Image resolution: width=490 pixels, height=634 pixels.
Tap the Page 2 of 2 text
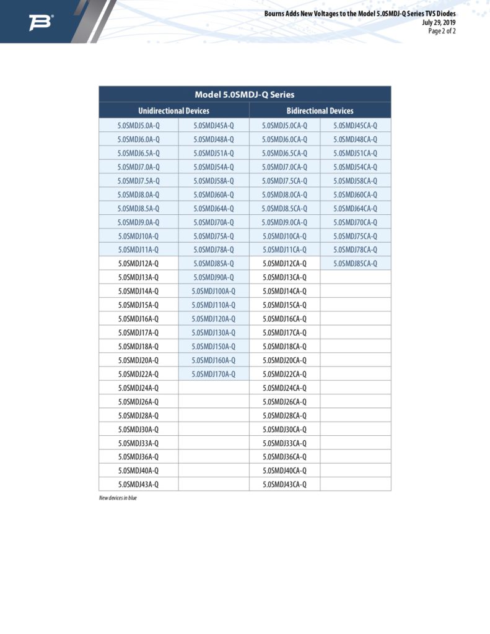[442, 31]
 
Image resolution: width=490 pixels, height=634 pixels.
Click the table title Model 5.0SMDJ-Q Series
[245, 95]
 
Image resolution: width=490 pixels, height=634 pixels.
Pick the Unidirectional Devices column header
[173, 111]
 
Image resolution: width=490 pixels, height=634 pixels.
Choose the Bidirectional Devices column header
[320, 111]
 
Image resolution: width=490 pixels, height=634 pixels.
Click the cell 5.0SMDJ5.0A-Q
[138, 125]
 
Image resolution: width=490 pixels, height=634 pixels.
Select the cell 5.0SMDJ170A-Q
[213, 374]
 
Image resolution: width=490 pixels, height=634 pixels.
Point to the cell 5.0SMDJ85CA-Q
[355, 264]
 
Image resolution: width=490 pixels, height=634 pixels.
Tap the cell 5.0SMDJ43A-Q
[138, 484]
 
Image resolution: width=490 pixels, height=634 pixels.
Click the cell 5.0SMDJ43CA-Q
[284, 484]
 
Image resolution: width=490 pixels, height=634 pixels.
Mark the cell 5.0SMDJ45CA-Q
[355, 125]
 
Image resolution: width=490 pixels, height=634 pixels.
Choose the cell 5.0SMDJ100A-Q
[213, 291]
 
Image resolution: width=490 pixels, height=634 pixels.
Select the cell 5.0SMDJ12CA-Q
[284, 264]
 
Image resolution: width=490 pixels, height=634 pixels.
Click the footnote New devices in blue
[118, 498]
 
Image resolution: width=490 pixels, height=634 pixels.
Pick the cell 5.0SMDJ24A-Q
[138, 388]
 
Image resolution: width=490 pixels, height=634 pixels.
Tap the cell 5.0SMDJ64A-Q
[213, 208]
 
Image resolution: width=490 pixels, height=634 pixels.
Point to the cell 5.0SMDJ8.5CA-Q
[284, 208]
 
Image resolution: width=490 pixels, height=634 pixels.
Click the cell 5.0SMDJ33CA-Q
[284, 443]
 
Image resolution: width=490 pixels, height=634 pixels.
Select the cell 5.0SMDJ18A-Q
[138, 347]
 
